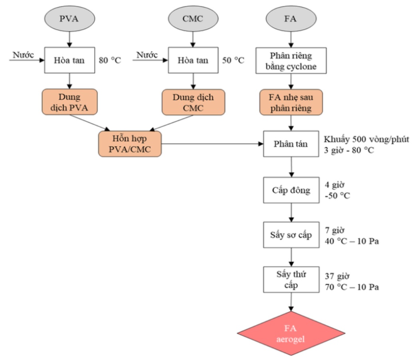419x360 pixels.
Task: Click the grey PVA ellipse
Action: pyautogui.click(x=69, y=19)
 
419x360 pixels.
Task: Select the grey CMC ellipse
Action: pyautogui.click(x=193, y=19)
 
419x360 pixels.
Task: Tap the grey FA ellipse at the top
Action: pyautogui.click(x=291, y=19)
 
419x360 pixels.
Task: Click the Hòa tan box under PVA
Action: pyautogui.click(x=69, y=60)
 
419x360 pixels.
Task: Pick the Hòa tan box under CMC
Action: pyautogui.click(x=193, y=60)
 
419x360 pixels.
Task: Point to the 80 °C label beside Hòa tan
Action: pyautogui.click(x=110, y=60)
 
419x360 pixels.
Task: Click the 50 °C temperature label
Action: pyautogui.click(x=233, y=60)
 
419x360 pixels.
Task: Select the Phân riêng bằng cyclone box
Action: pyautogui.click(x=291, y=61)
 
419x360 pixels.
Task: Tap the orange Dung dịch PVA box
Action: pyautogui.click(x=69, y=102)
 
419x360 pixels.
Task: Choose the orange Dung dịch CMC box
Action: pyautogui.click(x=193, y=102)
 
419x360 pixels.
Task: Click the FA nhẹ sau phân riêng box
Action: pyautogui.click(x=291, y=102)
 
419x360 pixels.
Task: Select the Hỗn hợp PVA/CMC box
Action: pyautogui.click(x=130, y=144)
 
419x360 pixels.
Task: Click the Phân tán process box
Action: pyautogui.click(x=291, y=144)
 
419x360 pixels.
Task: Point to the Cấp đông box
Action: pyautogui.click(x=291, y=190)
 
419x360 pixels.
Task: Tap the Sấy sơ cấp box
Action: pyautogui.click(x=291, y=235)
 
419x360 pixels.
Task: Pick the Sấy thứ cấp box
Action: pyautogui.click(x=291, y=279)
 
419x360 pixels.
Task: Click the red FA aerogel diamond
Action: pyautogui.click(x=291, y=333)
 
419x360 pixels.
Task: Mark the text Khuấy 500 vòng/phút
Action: pyautogui.click(x=366, y=140)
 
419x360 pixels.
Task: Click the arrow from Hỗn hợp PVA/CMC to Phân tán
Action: pyautogui.click(x=212, y=144)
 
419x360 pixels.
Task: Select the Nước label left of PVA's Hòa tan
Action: pyautogui.click(x=24, y=55)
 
